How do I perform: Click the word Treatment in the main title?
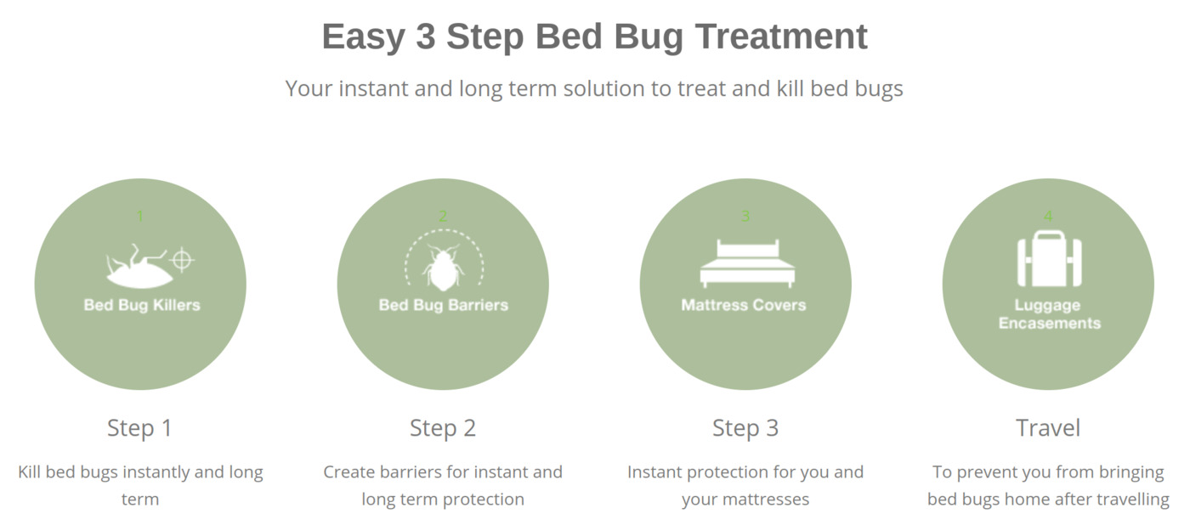pyautogui.click(x=781, y=37)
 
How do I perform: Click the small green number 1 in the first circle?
pyautogui.click(x=140, y=216)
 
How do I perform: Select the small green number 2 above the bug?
pyautogui.click(x=443, y=216)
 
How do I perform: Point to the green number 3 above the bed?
pyautogui.click(x=745, y=216)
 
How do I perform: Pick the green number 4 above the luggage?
pyautogui.click(x=1048, y=216)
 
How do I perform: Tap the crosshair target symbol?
pyautogui.click(x=182, y=260)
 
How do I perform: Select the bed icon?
pyautogui.click(x=747, y=264)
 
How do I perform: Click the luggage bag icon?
pyautogui.click(x=1049, y=258)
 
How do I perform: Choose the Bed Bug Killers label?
pyautogui.click(x=142, y=305)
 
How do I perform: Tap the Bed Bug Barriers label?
pyautogui.click(x=444, y=305)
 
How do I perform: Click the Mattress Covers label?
pyautogui.click(x=744, y=305)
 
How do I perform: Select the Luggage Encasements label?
pyautogui.click(x=1049, y=314)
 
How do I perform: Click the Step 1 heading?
pyautogui.click(x=139, y=428)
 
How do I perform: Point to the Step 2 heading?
pyautogui.click(x=443, y=428)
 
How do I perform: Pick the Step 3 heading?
pyautogui.click(x=745, y=428)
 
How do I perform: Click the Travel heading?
pyautogui.click(x=1048, y=428)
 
